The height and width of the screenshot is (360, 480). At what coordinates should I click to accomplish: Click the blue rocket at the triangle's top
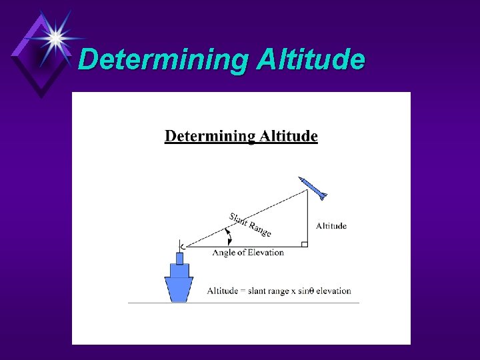tap(313, 188)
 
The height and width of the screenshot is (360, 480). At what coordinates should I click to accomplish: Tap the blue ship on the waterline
tap(179, 280)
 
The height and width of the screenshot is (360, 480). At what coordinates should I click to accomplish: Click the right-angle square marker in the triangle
tap(304, 244)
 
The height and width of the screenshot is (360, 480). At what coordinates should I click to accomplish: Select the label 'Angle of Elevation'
tap(248, 253)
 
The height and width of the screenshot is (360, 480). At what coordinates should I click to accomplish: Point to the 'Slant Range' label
tap(250, 224)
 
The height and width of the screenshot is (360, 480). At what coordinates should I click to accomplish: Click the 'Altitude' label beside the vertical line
tap(331, 226)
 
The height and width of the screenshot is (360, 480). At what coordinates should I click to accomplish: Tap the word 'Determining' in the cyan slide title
tap(163, 59)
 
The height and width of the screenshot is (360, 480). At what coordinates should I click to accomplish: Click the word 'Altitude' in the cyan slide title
tap(311, 59)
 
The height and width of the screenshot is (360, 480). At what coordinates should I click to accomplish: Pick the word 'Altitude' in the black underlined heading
tap(288, 137)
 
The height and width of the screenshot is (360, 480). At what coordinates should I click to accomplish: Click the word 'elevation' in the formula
tap(333, 291)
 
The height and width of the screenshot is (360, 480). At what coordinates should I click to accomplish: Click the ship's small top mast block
tap(179, 258)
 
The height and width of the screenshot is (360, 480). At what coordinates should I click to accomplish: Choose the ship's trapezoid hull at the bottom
tap(179, 289)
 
